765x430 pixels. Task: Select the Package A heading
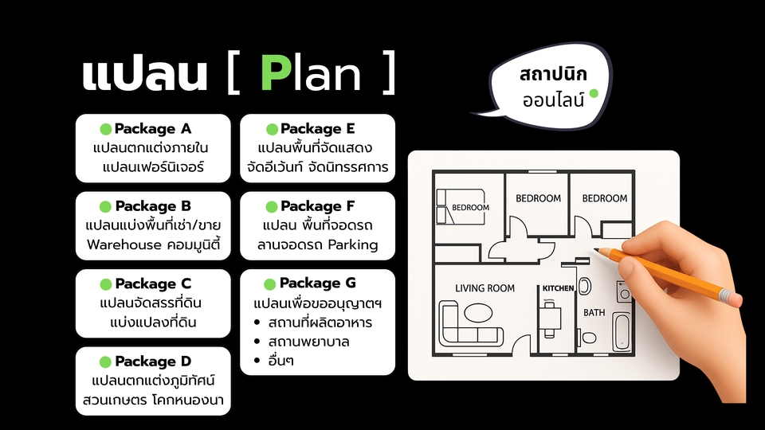(x=153, y=129)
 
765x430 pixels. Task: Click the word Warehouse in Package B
(x=124, y=245)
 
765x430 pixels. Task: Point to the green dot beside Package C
(x=105, y=284)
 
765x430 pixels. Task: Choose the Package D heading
(x=153, y=362)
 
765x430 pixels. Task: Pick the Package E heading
(x=318, y=129)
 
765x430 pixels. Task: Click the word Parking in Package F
(x=352, y=245)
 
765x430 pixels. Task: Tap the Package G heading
(x=318, y=283)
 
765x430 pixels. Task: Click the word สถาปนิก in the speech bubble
(x=552, y=76)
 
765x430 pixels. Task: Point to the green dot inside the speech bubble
(x=593, y=93)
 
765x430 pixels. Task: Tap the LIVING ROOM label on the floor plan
(x=484, y=288)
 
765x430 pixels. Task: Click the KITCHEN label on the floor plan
(x=559, y=288)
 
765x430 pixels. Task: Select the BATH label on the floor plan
(x=594, y=313)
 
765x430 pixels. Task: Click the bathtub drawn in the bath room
(x=622, y=332)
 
